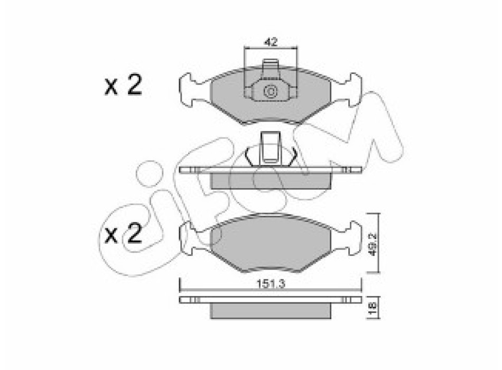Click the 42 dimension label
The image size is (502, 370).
click(x=271, y=42)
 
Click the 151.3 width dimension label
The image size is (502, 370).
click(x=271, y=283)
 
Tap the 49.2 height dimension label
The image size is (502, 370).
click(x=373, y=245)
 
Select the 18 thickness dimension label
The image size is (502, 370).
click(x=373, y=308)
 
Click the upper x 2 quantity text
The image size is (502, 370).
click(x=123, y=85)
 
